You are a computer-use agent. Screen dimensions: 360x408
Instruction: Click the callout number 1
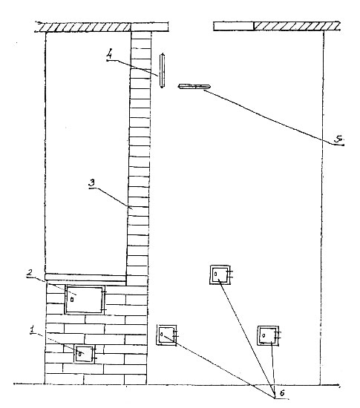pos(33,329)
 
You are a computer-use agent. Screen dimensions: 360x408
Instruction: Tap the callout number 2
pos(30,273)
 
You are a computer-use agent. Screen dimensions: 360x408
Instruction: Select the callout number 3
pos(92,183)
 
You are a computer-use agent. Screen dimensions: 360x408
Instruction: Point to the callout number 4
pos(110,53)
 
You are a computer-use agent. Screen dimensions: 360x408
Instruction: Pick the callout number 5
pos(338,139)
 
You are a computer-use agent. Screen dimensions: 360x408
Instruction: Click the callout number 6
pos(282,393)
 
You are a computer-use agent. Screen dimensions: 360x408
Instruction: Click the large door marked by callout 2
pos(85,300)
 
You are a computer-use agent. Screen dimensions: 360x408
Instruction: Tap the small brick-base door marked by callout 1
pos(84,354)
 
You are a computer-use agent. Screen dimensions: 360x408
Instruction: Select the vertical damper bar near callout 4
pos(162,70)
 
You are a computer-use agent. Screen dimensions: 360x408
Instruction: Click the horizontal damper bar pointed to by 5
pos(194,86)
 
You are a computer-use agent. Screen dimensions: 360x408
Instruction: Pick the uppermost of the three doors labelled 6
pos(220,274)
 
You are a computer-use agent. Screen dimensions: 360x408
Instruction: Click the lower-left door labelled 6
pos(166,335)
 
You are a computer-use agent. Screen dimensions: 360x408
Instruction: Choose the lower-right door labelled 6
pos(268,335)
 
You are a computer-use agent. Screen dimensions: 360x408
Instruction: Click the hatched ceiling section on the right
pos(297,26)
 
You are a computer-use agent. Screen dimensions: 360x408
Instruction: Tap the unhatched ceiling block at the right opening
pos(234,26)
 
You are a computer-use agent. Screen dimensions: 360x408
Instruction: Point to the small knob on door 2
pos(72,300)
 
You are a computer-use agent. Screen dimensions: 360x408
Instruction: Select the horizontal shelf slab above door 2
pos(85,277)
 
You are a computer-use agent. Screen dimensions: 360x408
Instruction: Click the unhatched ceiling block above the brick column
pos(149,27)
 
